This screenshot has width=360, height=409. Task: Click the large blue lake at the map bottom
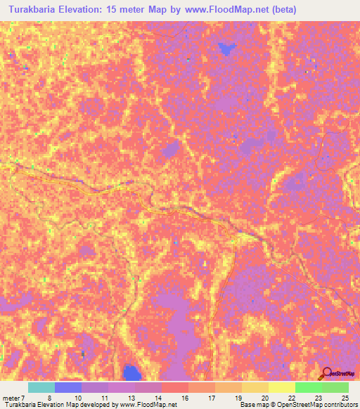130,372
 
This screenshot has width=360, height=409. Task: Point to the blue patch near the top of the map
226,48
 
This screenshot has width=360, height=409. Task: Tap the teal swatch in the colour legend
41,387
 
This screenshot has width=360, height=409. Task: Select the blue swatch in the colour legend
67,387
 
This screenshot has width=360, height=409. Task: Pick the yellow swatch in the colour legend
281,387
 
